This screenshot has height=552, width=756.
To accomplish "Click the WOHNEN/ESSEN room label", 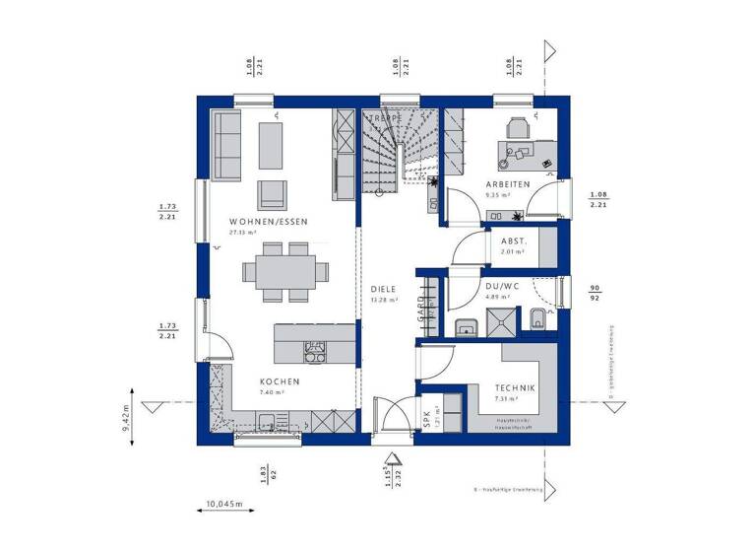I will [x=269, y=223].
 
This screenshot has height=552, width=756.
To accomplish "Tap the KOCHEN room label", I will [x=280, y=381].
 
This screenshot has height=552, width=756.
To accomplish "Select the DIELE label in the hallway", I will [x=384, y=290].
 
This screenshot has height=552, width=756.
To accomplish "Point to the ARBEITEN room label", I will [x=508, y=185].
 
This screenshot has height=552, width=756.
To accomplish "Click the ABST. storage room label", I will [x=514, y=241].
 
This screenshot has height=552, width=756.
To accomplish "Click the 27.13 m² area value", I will [x=243, y=234].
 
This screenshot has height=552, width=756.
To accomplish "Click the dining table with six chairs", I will [x=286, y=269].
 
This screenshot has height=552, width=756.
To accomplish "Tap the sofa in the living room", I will [x=227, y=146].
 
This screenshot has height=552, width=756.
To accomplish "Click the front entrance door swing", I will [x=391, y=414].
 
